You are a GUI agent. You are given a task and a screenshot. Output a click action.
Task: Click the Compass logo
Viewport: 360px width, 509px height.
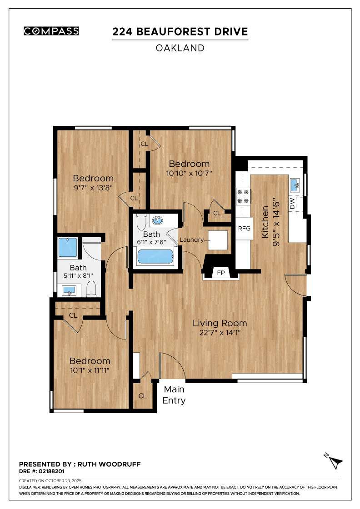point(51,31)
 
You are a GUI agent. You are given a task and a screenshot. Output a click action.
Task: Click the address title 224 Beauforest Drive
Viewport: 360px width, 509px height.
point(180,32)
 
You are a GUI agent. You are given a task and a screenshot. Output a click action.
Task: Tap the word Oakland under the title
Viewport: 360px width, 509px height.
point(180,48)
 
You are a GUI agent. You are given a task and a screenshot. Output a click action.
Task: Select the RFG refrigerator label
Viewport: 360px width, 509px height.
point(244,228)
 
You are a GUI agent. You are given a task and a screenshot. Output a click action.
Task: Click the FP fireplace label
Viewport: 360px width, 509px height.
point(221,273)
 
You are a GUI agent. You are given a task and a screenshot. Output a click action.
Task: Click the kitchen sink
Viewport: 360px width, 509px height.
point(295,184)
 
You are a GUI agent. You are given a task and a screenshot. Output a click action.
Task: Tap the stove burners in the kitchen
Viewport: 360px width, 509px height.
point(243,196)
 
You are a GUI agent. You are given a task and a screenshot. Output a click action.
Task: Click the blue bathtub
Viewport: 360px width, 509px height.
point(155,257)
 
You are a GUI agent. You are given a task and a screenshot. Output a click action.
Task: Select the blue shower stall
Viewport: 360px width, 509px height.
point(68,248)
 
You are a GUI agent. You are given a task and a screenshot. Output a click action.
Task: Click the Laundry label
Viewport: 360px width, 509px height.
point(191,240)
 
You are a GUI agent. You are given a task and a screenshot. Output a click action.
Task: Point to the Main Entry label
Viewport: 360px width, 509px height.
point(174,395)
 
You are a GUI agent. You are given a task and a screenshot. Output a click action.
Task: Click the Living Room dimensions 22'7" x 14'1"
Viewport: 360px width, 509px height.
point(220,333)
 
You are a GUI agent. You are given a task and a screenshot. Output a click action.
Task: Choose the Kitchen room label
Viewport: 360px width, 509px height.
point(265,222)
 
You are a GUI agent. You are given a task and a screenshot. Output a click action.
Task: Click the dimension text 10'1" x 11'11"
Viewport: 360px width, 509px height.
point(90,370)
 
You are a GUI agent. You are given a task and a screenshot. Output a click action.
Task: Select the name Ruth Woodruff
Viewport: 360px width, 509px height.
point(109,464)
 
